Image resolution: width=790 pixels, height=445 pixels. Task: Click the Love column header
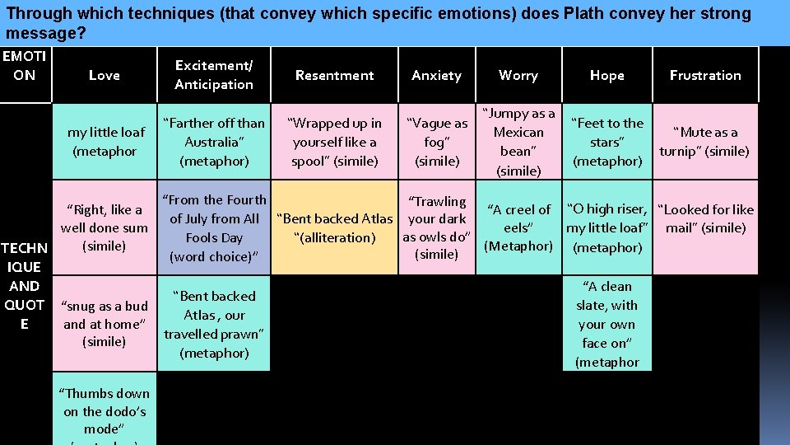tap(104, 75)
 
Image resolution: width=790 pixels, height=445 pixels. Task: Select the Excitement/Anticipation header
tap(214, 75)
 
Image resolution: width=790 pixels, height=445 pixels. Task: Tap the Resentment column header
tap(334, 75)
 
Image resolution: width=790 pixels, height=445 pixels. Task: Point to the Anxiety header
tap(436, 75)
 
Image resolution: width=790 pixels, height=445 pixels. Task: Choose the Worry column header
tap(518, 75)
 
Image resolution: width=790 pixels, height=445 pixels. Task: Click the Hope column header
tap(606, 75)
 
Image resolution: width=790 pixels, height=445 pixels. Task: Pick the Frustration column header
tap(705, 75)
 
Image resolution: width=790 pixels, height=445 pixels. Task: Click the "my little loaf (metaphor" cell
tap(105, 141)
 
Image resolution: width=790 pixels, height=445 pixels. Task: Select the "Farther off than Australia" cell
tap(214, 141)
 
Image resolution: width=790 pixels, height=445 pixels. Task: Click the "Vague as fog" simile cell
tap(437, 141)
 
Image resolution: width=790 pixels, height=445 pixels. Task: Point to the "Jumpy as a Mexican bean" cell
tap(518, 141)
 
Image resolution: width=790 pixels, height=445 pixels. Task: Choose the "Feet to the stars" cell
tap(606, 141)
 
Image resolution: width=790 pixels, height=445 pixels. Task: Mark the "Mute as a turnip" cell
tap(705, 141)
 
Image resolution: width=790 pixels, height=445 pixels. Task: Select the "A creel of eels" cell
tap(518, 227)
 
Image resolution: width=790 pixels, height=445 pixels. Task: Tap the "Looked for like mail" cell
tap(705, 219)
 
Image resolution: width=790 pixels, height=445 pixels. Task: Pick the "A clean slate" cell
tap(606, 324)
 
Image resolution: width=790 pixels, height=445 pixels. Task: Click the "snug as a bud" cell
tap(105, 324)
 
